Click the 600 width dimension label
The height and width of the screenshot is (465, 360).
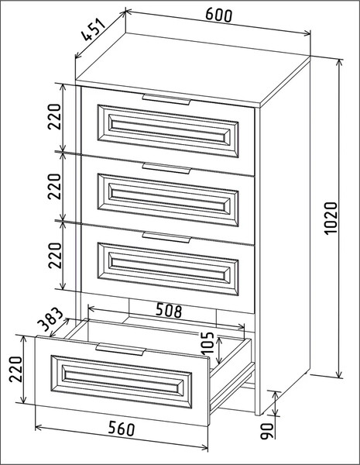coord(218,15)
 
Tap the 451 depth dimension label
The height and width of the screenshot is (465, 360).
coord(94,30)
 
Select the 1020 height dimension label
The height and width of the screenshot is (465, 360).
coord(331,219)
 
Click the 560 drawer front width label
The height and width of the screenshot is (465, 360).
coord(122,429)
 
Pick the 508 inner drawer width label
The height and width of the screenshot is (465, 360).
coord(169,310)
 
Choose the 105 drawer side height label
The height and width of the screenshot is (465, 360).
coord(207,343)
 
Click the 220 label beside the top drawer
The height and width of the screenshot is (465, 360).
coord(54,117)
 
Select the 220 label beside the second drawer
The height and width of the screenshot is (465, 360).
coord(54,187)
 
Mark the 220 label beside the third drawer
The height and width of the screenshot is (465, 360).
coord(54,256)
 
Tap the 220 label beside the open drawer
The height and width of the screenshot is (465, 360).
coord(15,369)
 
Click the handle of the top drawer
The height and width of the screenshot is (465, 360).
coord(166,99)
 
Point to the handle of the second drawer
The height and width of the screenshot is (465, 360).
coord(166,168)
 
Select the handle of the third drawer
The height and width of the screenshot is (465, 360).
coord(166,237)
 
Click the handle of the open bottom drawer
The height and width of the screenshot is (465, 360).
coord(121,350)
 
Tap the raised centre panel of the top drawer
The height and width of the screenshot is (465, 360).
coord(168,131)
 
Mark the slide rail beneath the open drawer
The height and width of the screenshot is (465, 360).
coord(232,387)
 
